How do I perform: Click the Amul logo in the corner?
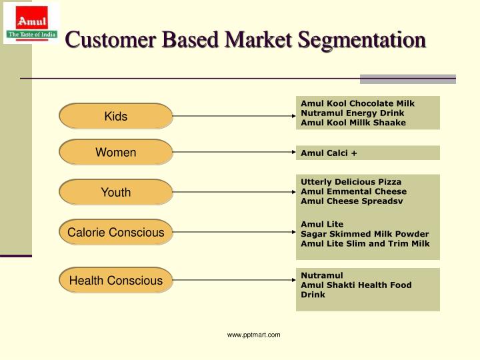tap(31, 23)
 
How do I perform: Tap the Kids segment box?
tap(116, 117)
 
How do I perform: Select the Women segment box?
tap(116, 153)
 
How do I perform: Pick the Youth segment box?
tap(116, 193)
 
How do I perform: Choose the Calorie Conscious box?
tap(116, 233)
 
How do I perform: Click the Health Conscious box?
tap(116, 281)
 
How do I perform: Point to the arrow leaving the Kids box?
tap(233, 117)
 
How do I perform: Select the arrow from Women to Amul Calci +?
tap(233, 153)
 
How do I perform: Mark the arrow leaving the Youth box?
tap(233, 193)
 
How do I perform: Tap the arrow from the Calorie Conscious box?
tap(233, 233)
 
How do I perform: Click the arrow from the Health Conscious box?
tap(233, 281)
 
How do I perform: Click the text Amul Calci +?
tap(329, 153)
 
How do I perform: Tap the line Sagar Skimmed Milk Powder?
tap(365, 234)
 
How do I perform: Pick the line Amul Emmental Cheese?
tap(353, 191)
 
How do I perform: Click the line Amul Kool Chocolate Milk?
tap(357, 103)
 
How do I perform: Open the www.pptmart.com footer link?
tap(253, 335)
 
